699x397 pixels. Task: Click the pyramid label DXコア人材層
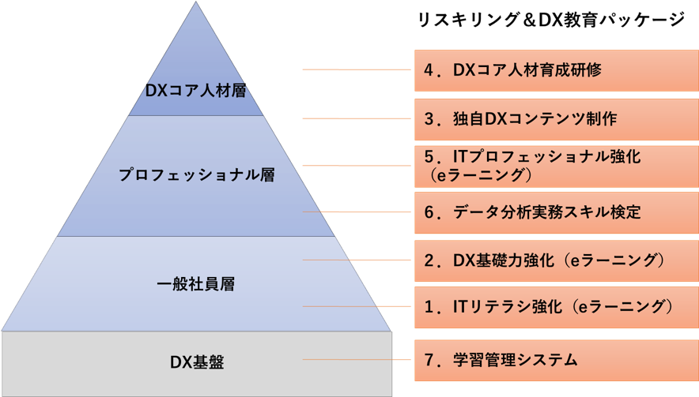tap(196, 90)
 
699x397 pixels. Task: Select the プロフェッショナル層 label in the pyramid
tap(196, 174)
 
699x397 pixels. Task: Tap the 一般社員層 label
tap(196, 283)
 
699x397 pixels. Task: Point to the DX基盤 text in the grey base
tap(196, 362)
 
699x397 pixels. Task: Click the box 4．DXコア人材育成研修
tap(556, 70)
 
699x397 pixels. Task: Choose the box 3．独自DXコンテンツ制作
tap(556, 118)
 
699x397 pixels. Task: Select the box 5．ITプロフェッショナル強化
tap(556, 166)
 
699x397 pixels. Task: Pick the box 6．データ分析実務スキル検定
tap(556, 212)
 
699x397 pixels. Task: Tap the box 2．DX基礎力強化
tap(556, 260)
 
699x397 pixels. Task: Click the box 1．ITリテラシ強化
tap(556, 306)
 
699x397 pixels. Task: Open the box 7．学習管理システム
tap(556, 361)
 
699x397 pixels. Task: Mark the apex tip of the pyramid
tap(197, 3)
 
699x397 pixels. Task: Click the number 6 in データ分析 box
tap(429, 212)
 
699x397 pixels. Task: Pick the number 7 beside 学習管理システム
tap(429, 361)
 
